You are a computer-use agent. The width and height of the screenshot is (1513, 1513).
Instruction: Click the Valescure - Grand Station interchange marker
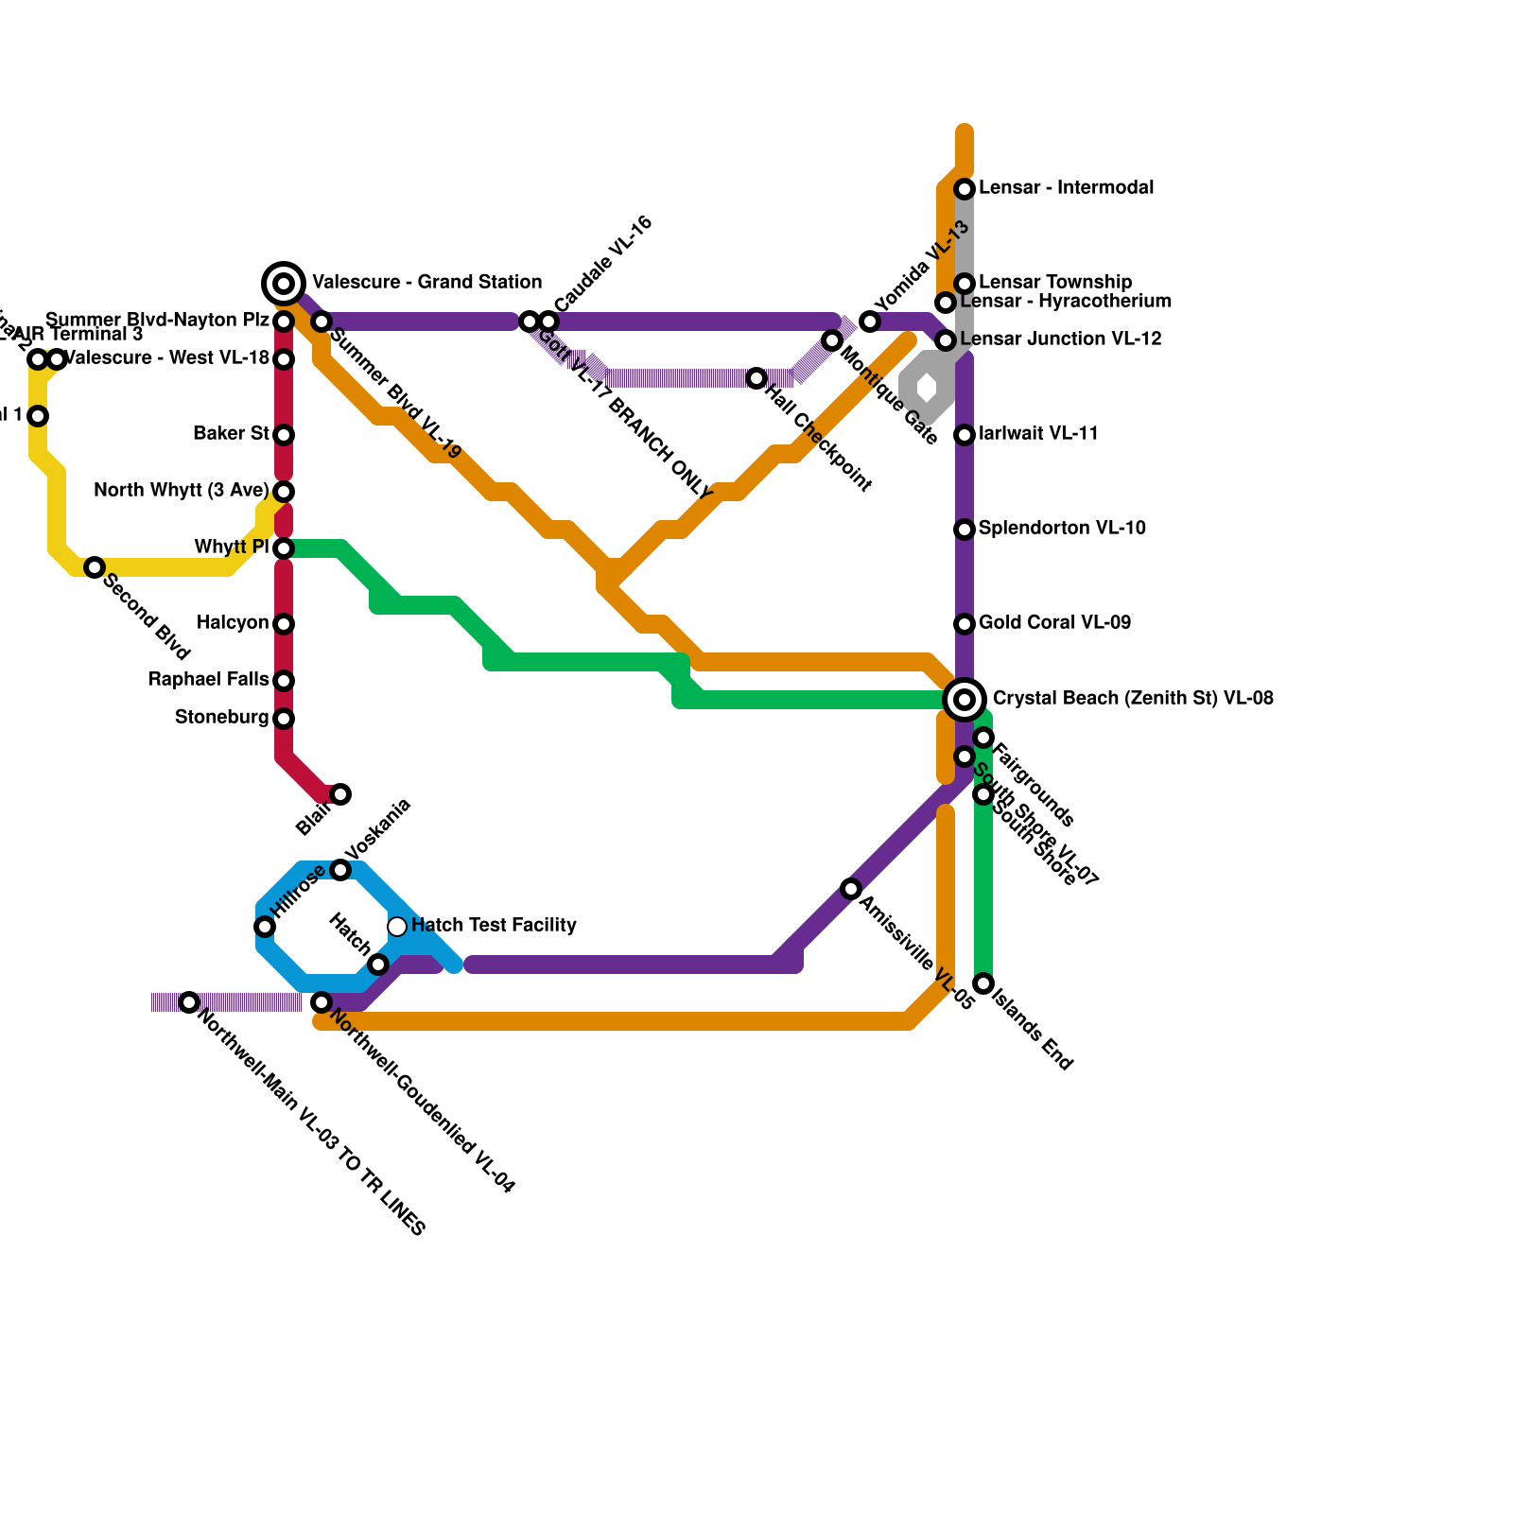284,283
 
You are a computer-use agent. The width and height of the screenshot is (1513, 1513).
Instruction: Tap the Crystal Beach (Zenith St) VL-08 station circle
965,699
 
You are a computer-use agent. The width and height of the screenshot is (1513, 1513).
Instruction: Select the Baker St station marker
284,435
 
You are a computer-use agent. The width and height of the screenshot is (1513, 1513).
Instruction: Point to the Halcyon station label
233,623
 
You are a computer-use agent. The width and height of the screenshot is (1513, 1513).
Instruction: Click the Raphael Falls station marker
284,681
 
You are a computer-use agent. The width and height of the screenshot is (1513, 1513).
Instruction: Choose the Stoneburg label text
221,718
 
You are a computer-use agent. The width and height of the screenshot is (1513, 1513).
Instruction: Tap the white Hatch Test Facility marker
397,926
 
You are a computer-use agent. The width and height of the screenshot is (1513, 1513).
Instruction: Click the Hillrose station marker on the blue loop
265,927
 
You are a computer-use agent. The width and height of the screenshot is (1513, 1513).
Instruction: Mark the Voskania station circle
340,870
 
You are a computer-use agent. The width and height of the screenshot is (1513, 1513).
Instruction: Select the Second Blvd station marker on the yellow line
95,567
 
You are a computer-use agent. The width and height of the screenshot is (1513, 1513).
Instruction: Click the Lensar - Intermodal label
1066,188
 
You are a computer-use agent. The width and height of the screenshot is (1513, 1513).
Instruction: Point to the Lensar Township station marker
965,284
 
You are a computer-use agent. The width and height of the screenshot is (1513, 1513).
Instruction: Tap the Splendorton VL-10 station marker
965,530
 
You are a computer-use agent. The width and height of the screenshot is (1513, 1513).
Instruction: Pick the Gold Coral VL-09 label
1054,623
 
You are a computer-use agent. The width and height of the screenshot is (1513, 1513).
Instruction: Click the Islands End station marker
983,983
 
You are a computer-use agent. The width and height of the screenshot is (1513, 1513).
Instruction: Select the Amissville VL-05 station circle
851,889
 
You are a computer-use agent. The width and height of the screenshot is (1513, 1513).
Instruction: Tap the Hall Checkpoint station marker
756,378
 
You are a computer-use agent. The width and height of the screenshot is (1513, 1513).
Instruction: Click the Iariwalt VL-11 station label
1038,434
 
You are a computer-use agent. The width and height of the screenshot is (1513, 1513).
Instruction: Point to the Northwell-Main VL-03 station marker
189,1002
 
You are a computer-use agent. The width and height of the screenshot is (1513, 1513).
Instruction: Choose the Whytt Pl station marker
284,548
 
